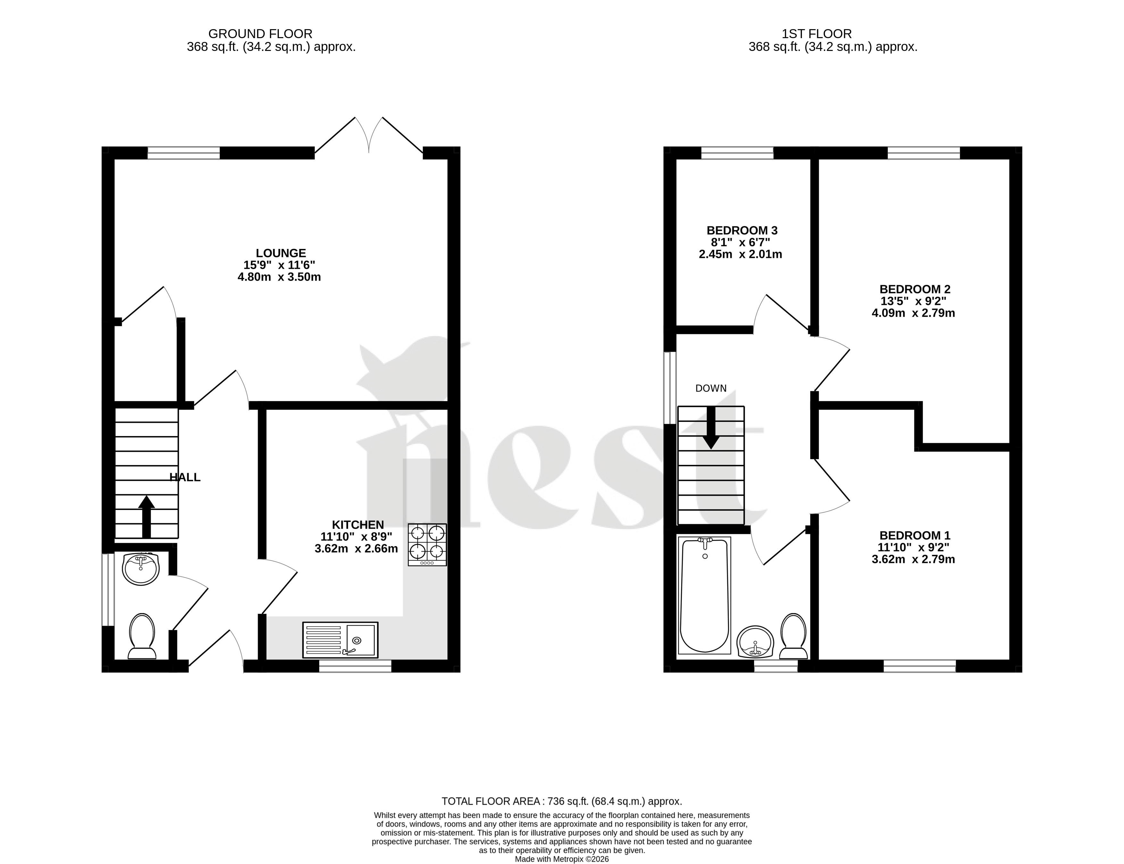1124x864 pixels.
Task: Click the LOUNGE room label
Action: point(281,253)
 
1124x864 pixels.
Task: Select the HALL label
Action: point(185,477)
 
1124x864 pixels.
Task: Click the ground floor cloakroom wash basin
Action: point(141,569)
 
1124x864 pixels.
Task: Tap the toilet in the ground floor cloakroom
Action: point(142,636)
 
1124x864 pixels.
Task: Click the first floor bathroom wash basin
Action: point(755,642)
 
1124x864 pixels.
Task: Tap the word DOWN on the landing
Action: point(711,388)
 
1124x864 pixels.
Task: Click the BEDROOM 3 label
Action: point(741,230)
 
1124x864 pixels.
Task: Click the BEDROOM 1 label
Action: point(915,535)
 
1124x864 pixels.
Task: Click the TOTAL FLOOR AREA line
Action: point(562,801)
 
